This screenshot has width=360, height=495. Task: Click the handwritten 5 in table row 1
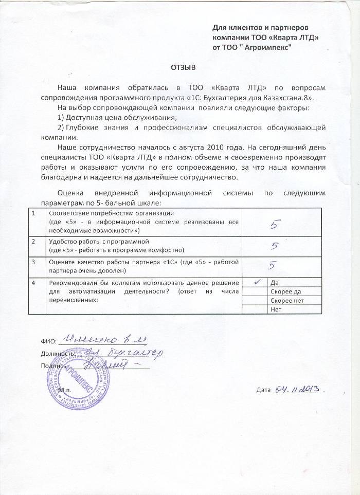(x=275, y=224)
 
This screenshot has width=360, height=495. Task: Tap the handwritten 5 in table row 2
(x=275, y=246)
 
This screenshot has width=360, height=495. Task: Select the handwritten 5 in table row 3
(x=274, y=266)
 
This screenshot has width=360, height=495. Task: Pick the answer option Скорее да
(x=285, y=292)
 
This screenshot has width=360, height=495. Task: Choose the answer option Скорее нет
(x=286, y=301)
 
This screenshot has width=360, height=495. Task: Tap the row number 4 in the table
(x=33, y=283)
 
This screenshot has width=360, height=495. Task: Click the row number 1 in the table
(x=33, y=213)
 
